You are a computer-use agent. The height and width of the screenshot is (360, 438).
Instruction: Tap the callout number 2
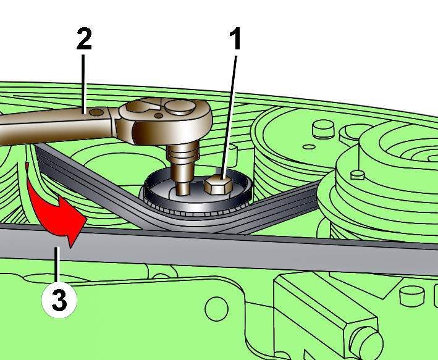tap(84, 41)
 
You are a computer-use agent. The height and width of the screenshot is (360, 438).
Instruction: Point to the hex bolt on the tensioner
tap(217, 184)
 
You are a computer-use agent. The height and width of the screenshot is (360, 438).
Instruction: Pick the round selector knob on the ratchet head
tap(180, 109)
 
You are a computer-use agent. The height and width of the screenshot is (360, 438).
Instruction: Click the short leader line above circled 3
tap(57, 266)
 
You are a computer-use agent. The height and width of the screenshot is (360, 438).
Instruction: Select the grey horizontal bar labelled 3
tap(247, 247)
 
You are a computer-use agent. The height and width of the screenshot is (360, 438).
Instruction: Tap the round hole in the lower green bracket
tap(217, 306)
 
